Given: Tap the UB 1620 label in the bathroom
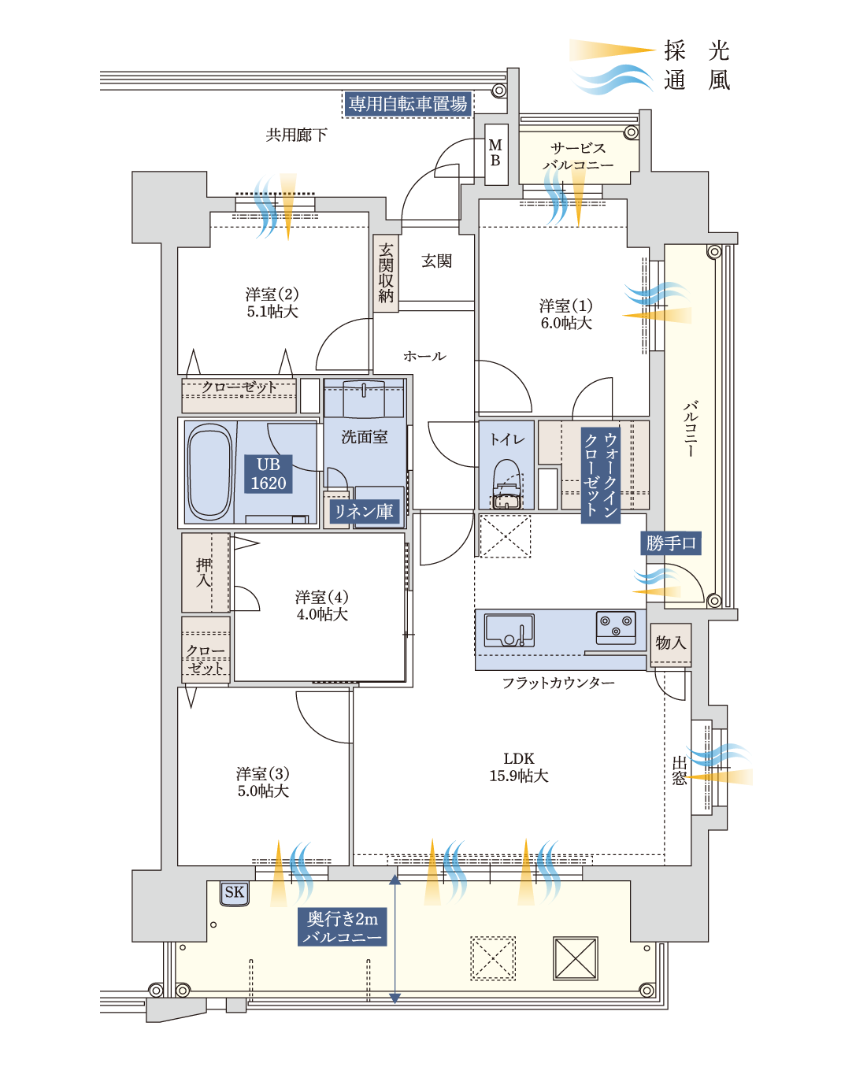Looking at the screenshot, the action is (x=269, y=474).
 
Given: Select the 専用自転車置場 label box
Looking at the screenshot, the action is (x=407, y=104).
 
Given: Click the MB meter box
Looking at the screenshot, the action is (x=495, y=154).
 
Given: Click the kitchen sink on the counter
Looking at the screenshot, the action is (x=509, y=630).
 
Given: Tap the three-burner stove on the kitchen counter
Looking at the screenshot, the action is (x=616, y=627).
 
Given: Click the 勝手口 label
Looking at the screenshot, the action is (x=670, y=543).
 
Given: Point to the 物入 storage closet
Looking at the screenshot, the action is (x=671, y=644).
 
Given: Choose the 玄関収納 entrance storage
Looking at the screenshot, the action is (x=386, y=273).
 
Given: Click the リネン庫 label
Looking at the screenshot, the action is (x=364, y=511).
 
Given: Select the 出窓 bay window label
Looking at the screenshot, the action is (x=679, y=771).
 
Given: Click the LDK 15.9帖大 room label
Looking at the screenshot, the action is (x=519, y=767).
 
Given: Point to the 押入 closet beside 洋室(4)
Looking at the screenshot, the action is (x=205, y=572).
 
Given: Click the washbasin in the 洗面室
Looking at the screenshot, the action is (x=364, y=399).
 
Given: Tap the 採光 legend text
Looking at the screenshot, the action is (x=697, y=50).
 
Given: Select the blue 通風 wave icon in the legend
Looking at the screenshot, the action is (x=613, y=80).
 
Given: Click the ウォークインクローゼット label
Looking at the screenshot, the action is (x=600, y=475).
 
